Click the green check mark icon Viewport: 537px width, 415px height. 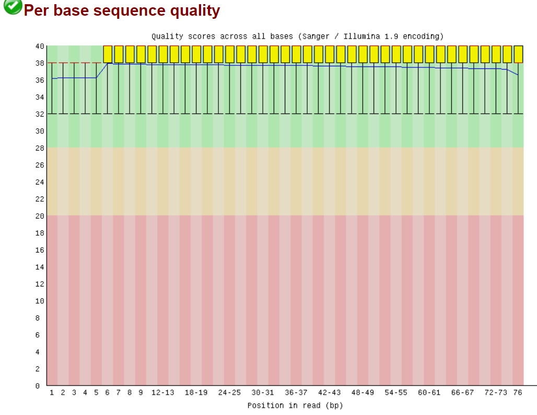13,8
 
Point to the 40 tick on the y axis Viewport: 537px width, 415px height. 40,46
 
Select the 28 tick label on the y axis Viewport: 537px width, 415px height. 40,148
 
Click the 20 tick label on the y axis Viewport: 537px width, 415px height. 40,216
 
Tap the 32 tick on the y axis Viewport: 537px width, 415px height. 40,114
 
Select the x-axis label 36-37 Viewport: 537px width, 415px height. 296,393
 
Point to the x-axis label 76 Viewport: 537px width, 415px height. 518,393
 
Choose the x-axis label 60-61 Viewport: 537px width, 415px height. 429,393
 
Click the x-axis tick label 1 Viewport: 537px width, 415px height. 52,393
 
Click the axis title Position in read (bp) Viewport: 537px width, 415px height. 295,406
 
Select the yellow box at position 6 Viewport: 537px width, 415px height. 108,54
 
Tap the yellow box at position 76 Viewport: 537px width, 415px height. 518,54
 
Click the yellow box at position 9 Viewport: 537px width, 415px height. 141,54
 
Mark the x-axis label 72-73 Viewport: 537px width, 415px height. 496,393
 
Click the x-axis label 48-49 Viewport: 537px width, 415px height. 363,393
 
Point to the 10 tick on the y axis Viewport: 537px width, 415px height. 40,301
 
